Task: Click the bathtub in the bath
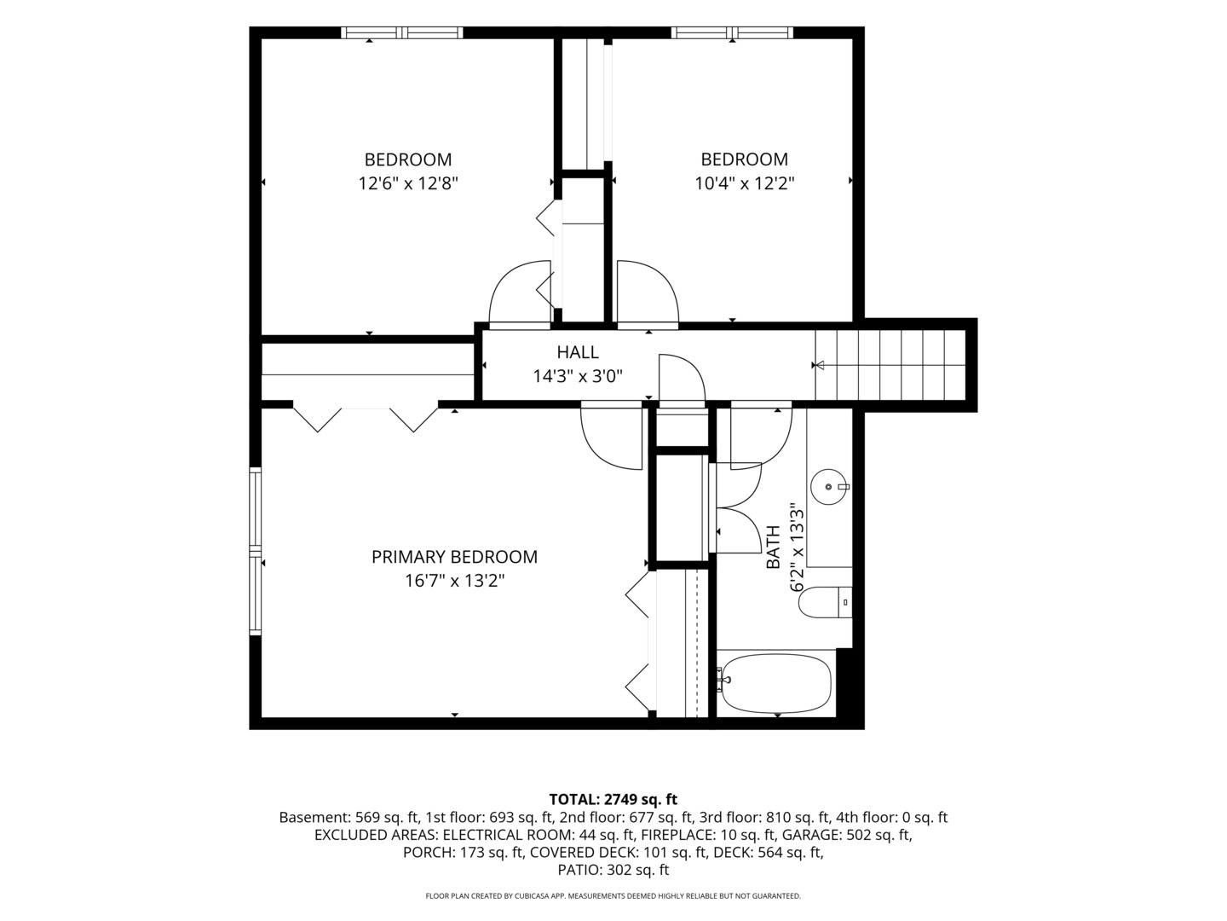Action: coord(776,683)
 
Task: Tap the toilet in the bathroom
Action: coord(825,602)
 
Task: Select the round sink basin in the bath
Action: coord(828,486)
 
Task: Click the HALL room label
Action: coord(578,352)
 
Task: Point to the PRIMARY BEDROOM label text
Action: coord(454,557)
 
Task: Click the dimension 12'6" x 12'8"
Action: coord(408,183)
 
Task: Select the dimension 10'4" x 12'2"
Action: coord(745,183)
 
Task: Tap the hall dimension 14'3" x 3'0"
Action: coord(578,376)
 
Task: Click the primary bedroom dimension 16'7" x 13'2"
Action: coord(454,581)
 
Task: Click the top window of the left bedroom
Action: coord(402,32)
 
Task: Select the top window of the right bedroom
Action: coord(732,32)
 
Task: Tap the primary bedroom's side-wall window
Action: coord(255,551)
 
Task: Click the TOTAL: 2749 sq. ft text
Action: coord(613,799)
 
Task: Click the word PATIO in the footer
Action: coord(578,870)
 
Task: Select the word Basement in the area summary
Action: coord(314,818)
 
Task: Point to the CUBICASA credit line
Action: coord(613,895)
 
